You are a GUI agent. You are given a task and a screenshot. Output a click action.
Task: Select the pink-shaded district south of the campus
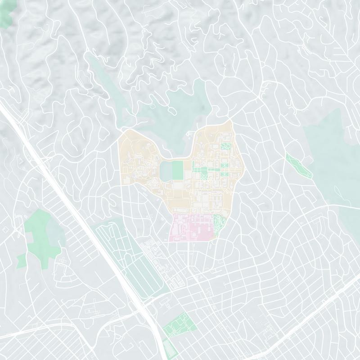191,227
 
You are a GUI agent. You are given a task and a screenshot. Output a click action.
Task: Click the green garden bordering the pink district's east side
219,224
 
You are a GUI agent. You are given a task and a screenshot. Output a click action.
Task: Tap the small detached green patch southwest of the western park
21,260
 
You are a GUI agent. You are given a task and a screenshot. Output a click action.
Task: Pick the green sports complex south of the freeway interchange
178,325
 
